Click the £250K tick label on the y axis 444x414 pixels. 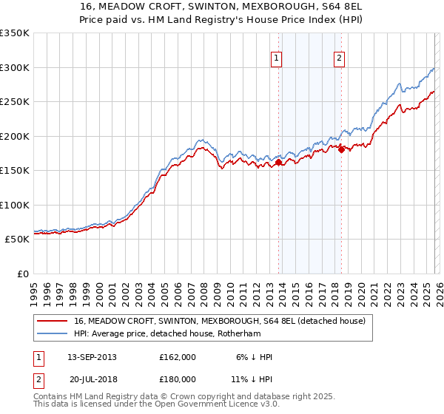coord(15,101)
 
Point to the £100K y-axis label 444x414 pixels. coord(15,205)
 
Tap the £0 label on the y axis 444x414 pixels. coord(22,274)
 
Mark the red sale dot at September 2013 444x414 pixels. coord(278,163)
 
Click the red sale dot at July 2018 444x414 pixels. coord(341,150)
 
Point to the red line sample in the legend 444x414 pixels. coord(52,321)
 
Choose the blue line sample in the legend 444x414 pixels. coord(52,333)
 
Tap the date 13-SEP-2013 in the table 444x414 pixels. coord(92,357)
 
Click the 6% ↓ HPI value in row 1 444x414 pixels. coord(255,357)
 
